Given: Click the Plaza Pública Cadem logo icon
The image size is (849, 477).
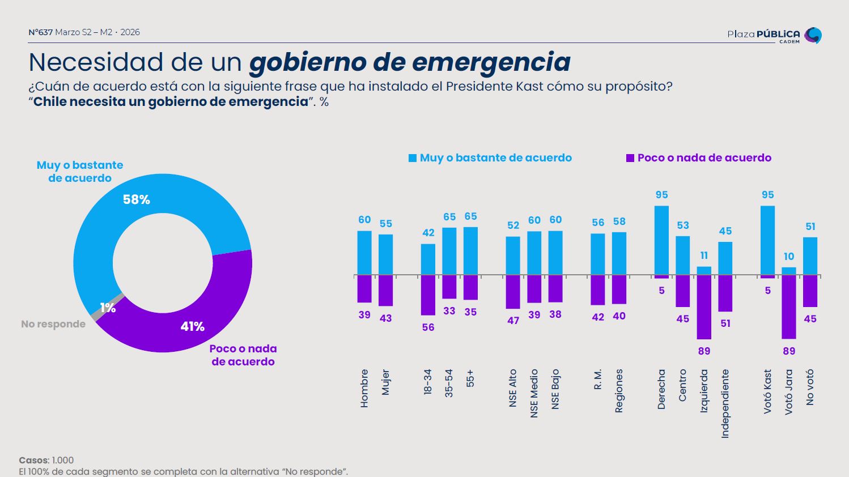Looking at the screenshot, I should (813, 35).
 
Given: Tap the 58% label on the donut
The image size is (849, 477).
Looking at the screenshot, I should (137, 199).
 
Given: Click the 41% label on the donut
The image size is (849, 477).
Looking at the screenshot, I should (192, 326).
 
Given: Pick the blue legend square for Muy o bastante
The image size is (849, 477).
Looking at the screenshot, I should (413, 158).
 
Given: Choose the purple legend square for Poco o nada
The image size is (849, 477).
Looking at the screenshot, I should (630, 158).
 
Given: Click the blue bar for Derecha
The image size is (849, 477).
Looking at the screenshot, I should (661, 240).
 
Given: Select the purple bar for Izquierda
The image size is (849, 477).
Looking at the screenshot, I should (704, 307).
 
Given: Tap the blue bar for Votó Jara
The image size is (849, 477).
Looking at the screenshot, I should (789, 271).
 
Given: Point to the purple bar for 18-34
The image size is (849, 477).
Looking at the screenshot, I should (428, 295).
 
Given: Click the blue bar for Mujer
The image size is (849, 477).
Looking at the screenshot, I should (385, 255).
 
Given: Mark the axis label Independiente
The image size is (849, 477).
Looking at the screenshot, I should (725, 403).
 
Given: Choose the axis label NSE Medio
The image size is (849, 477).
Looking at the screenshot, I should (534, 393).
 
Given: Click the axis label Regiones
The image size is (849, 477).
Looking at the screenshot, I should (619, 391).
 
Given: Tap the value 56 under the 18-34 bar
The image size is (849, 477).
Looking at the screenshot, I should (428, 327).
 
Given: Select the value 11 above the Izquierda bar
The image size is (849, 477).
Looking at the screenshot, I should (704, 255).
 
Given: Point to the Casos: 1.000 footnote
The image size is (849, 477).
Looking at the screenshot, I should (46, 460).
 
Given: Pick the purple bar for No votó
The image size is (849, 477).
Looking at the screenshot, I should (810, 291).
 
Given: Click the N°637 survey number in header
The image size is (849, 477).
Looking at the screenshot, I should (40, 32).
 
